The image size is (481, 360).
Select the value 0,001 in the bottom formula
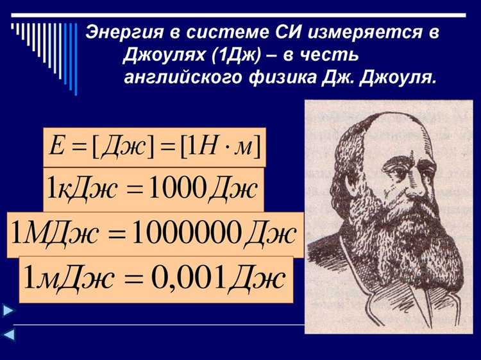pos(189,277)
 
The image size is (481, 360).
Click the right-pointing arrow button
pos(8,311)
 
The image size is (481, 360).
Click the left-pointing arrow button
pos(8,334)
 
